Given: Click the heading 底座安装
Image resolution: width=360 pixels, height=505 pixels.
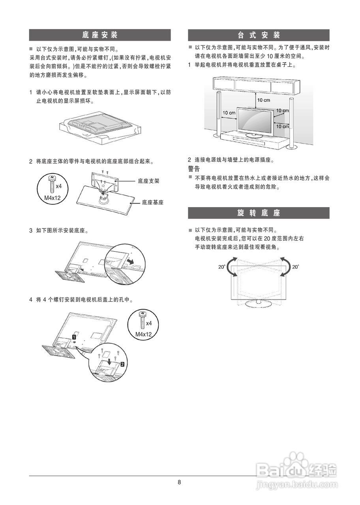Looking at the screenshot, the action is point(99,35).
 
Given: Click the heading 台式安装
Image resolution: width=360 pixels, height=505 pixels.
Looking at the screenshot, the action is point(259,35).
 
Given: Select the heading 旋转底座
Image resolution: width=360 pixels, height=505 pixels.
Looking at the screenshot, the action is point(259,213).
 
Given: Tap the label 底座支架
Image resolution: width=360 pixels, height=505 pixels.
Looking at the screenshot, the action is point(148,181).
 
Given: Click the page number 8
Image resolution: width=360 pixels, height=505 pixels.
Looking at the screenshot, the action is point(179,482).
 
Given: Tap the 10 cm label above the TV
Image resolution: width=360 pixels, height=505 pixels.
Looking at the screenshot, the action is point(264,100).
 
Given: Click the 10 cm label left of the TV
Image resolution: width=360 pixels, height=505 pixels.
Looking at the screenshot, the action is point(229,113).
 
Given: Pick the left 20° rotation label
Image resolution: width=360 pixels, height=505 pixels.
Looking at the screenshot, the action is point(221,267).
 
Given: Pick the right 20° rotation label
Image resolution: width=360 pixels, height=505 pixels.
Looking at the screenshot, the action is point(296,267).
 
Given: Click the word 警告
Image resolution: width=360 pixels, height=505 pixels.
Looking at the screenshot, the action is point(194,169).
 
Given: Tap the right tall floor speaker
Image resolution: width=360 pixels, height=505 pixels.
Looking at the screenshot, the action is point(292,122).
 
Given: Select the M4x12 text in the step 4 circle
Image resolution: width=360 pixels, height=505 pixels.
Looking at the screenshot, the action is point(144,334).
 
